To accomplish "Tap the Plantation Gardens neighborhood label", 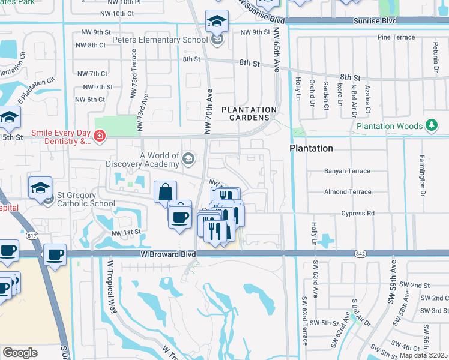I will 249,114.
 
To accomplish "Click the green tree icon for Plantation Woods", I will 430,125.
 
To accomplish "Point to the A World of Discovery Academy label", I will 143,160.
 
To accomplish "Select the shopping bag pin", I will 164,193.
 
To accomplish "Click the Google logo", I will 20,352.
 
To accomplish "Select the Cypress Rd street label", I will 357,213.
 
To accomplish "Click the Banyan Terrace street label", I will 347,171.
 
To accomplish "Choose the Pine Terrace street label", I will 396,37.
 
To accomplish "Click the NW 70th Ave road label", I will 209,112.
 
